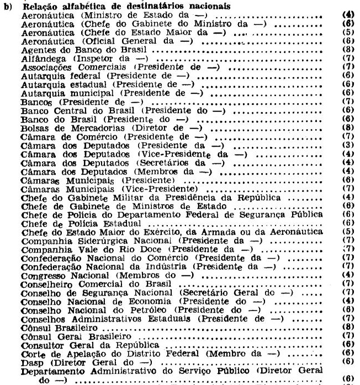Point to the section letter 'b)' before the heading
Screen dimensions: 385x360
pyautogui.click(x=7, y=7)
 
